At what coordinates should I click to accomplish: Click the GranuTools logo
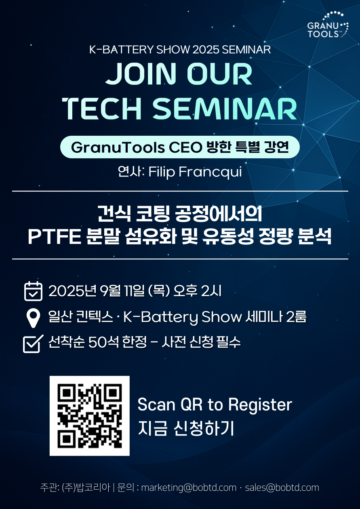(328, 24)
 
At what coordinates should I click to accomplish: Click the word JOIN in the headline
(141, 74)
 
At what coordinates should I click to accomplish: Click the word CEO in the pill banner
(185, 147)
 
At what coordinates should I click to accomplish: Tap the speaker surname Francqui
(210, 172)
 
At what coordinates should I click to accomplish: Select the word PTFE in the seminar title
(54, 236)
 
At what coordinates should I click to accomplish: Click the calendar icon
(33, 291)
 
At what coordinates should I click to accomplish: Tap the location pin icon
(34, 318)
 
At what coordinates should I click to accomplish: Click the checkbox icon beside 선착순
(33, 343)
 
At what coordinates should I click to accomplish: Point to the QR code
(90, 416)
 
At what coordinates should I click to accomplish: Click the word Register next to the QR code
(260, 405)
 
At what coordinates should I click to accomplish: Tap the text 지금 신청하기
(186, 429)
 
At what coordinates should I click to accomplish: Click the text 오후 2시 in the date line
(197, 291)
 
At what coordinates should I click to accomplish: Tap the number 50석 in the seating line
(103, 342)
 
